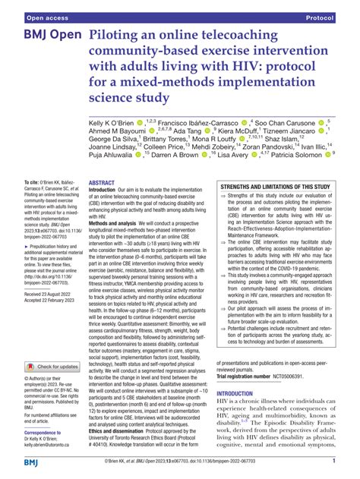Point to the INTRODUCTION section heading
(x=239, y=394)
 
